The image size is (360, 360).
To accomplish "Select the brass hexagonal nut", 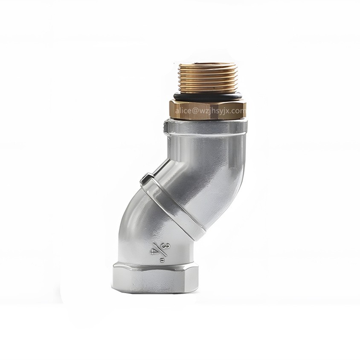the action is (x=208, y=110).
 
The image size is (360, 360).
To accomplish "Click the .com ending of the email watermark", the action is (x=239, y=111).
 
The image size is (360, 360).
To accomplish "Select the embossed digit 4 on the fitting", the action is (x=154, y=251).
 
